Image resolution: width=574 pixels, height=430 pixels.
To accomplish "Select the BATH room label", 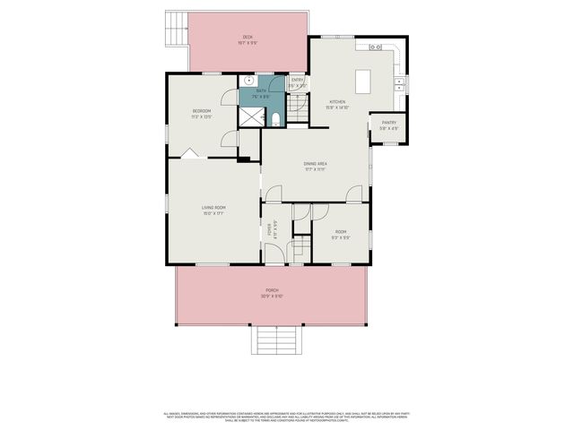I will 262,90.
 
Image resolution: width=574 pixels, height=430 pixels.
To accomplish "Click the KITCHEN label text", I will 337,102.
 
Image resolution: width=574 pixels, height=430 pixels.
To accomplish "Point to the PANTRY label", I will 389,123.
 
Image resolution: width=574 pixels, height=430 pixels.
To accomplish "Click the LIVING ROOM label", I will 213,208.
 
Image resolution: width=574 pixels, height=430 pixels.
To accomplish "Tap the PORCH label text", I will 271,292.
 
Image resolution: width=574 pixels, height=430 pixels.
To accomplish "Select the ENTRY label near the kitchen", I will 297,82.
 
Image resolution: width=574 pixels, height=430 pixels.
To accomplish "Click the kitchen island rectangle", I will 364,82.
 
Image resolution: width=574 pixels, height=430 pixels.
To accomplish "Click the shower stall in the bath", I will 249,117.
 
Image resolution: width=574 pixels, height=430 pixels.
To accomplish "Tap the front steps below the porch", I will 271,340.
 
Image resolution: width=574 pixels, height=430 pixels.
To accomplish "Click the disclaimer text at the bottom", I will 287,417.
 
